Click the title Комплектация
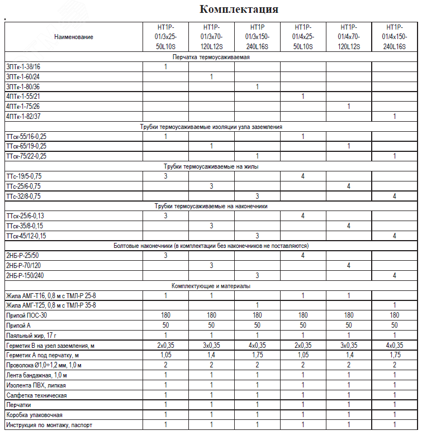point(239,9)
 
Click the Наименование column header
point(74,37)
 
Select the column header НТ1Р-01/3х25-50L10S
point(166,37)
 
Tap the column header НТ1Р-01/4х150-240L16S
point(394,37)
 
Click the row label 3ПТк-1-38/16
point(23,66)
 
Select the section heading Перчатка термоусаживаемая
point(210,57)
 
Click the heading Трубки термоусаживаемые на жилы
point(211,166)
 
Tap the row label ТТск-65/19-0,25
point(26,146)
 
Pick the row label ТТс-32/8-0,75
point(23,196)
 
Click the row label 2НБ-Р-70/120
point(25,265)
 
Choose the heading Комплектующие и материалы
point(211,286)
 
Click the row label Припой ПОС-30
point(26,315)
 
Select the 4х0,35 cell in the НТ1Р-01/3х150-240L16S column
point(257,346)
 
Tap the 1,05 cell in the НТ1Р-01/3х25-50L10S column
point(166,355)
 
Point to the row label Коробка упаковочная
point(34,415)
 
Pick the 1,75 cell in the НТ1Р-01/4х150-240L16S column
point(394,355)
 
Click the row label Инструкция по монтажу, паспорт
point(49,425)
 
